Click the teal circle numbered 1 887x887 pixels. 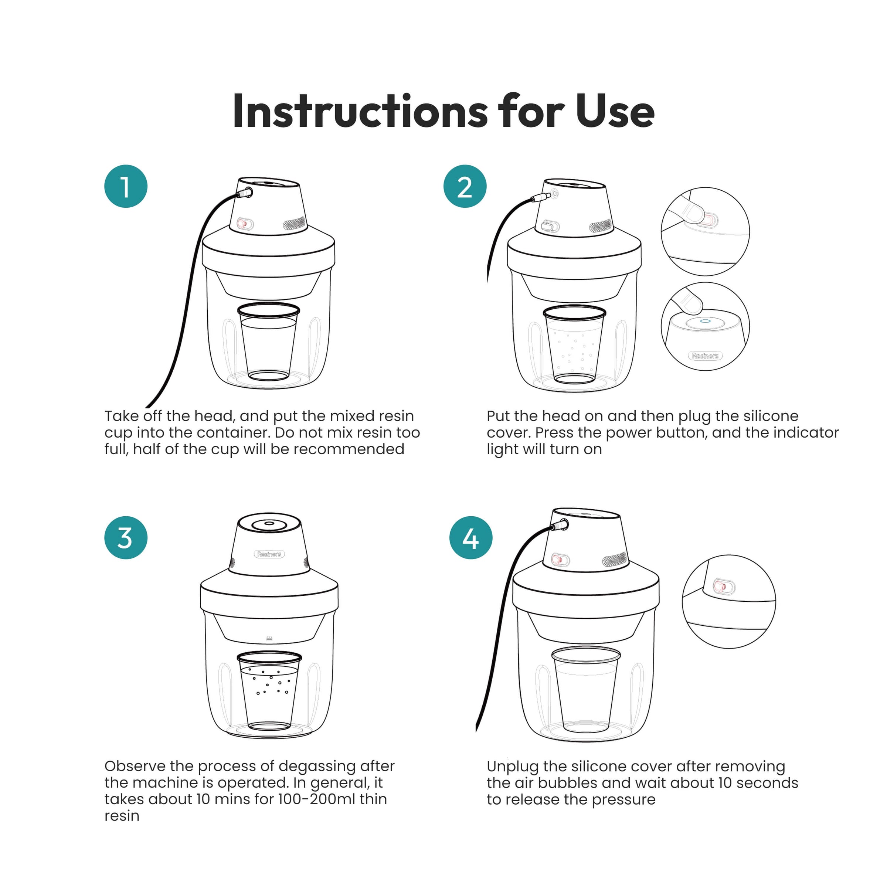(126, 186)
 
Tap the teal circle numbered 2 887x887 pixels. (465, 186)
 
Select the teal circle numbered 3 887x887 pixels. (126, 538)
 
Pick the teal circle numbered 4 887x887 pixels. (470, 538)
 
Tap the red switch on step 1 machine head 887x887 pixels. (245, 224)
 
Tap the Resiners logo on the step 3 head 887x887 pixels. (269, 554)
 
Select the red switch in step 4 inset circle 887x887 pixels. (724, 587)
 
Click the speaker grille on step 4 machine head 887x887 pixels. (614, 559)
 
